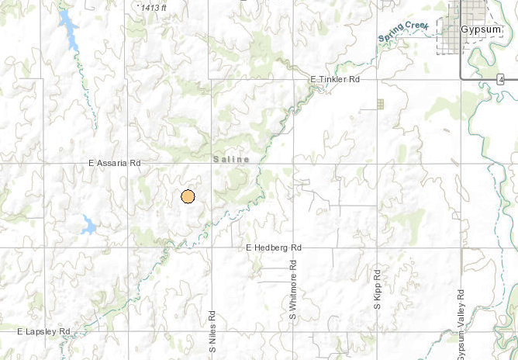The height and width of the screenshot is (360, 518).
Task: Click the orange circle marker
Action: click(x=187, y=196)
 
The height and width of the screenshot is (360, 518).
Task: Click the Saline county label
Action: click(x=232, y=159)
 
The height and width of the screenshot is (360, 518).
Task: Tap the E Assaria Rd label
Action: click(x=114, y=164)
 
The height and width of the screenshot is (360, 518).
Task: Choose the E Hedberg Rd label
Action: click(x=273, y=247)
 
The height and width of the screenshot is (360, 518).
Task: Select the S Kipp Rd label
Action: click(x=377, y=289)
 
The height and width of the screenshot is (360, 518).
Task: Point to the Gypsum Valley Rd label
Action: click(x=461, y=324)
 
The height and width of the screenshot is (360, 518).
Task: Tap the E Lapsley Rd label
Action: click(x=43, y=332)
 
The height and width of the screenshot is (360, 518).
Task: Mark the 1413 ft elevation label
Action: click(x=154, y=7)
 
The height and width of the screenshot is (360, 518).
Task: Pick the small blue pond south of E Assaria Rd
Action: click(x=88, y=226)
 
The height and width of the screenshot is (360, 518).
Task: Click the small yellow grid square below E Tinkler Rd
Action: click(x=380, y=104)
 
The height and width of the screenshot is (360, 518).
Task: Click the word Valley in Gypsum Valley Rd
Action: click(x=461, y=318)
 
